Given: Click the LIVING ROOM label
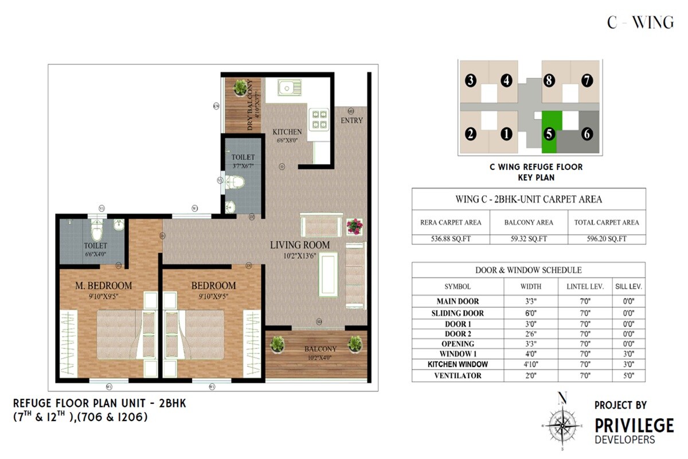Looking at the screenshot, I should coord(300,245).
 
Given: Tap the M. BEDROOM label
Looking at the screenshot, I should coord(104,285).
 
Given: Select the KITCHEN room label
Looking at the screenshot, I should coord(287,133).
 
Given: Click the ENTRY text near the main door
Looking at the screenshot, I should coord(351,120).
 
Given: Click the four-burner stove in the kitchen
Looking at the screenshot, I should coord(319,118).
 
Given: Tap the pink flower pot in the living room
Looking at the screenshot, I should coord(355,225).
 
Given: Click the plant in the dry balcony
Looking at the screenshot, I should coord(241,87).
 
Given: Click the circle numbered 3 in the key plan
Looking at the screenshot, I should coord(471,81).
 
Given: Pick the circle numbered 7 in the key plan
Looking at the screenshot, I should coord(587,81).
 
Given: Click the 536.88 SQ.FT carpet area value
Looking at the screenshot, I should coord(451,239).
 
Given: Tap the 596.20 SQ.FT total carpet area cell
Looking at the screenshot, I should coord(606,239).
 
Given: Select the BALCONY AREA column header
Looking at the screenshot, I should coord(528,223).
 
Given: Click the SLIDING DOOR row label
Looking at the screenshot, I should coord(458,313).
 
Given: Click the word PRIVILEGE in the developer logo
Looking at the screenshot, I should coord(634,425).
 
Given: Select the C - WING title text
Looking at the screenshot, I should coord(640,23).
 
